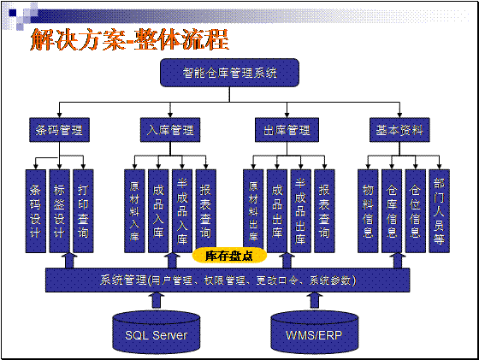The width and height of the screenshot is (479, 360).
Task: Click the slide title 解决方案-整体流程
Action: [x=129, y=39]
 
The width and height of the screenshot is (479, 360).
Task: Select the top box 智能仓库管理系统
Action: [x=229, y=73]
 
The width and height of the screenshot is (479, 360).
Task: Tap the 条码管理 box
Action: [x=59, y=130]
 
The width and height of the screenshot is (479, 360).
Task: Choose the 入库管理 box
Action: [x=170, y=130]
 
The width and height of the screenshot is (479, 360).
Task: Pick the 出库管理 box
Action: [x=287, y=130]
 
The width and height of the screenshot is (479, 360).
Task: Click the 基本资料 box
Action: [x=399, y=130]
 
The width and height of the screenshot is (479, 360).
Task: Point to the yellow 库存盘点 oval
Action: [x=229, y=256]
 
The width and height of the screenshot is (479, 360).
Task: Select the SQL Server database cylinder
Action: [x=157, y=333]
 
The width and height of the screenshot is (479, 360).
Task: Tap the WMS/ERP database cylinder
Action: [x=315, y=333]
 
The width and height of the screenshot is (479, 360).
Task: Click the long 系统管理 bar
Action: [x=228, y=280]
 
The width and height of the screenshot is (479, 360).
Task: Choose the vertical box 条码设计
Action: [x=35, y=211]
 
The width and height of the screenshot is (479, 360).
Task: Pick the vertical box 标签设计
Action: [x=59, y=211]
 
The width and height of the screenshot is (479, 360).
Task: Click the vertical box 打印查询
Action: [x=83, y=211]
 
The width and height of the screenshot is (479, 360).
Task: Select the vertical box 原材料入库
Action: [x=134, y=211]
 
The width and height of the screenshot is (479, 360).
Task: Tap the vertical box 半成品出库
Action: [x=300, y=211]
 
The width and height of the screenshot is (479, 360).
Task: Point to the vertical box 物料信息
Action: [x=368, y=211]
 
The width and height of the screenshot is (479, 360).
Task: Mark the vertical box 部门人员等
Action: [x=439, y=211]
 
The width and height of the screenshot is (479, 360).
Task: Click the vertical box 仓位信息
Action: [x=415, y=211]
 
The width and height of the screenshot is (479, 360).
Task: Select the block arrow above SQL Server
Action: [x=157, y=300]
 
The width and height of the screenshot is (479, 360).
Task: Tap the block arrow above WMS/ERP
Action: [x=315, y=300]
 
